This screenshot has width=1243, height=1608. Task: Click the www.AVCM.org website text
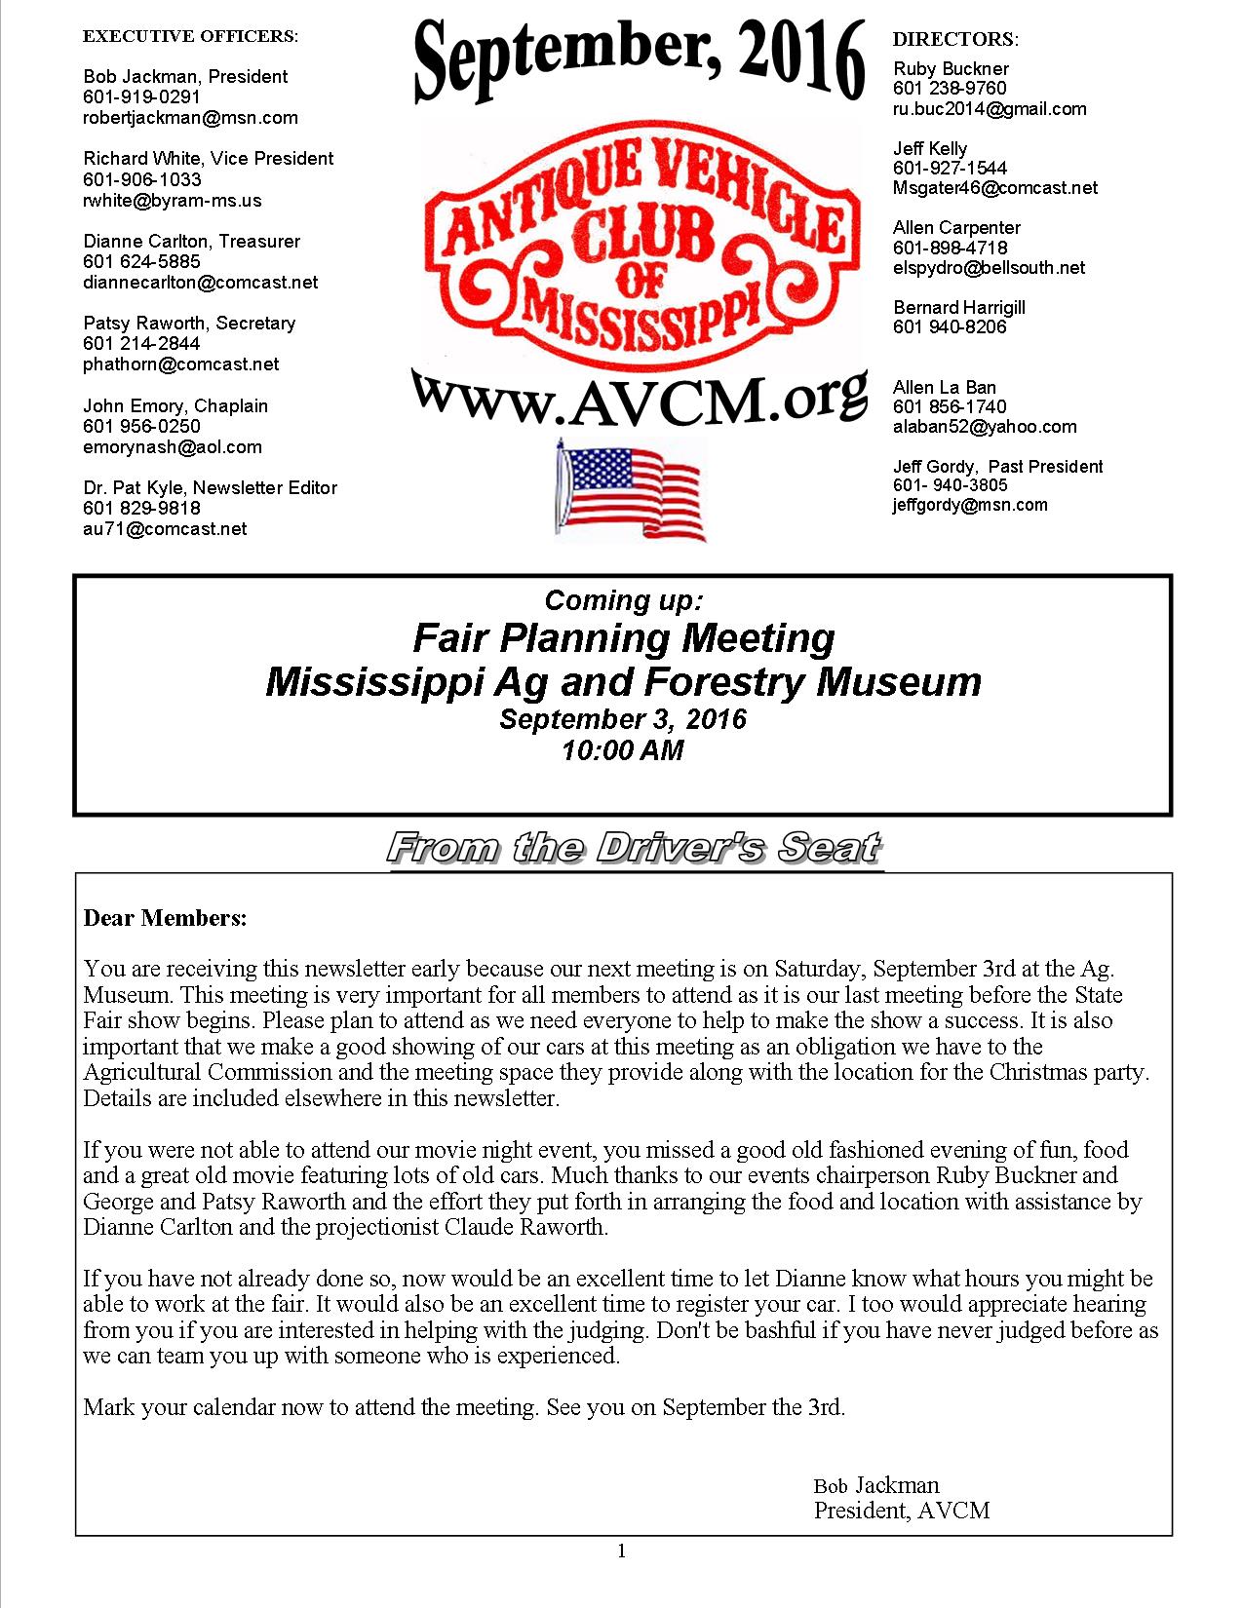[639, 396]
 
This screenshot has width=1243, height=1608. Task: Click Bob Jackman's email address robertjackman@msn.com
[190, 118]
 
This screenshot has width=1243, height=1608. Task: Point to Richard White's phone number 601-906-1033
[142, 179]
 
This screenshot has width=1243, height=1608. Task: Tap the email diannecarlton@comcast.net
[200, 283]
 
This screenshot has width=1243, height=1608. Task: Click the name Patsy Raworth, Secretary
[189, 323]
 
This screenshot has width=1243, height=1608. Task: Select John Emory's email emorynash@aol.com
[173, 447]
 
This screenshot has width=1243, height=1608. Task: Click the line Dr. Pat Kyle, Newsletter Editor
[210, 487]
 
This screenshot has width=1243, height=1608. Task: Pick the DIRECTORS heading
[955, 39]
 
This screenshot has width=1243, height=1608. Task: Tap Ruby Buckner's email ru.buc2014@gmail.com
[990, 109]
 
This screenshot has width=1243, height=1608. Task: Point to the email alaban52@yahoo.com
[985, 427]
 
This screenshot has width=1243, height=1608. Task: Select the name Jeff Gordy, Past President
[998, 466]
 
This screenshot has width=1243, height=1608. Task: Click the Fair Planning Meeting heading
[624, 638]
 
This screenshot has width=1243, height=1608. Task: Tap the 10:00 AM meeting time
[623, 750]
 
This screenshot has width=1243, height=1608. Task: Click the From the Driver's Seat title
[635, 848]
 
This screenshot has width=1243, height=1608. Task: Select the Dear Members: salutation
[165, 918]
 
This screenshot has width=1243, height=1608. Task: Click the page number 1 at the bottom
[622, 1551]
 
